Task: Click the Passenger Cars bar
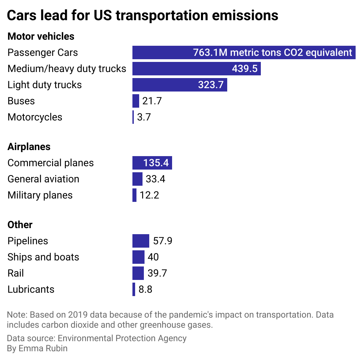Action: pos(244,52)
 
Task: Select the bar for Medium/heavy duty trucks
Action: pos(196,69)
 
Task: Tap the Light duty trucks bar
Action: pos(179,85)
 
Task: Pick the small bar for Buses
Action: pos(136,101)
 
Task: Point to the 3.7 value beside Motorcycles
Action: pos(144,117)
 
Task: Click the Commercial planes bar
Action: pos(152,163)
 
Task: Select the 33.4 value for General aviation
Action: pos(155,179)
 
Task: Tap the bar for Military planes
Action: pos(134,195)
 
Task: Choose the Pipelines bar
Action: pos(140,241)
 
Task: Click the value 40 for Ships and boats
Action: pos(153,257)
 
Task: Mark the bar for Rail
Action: pos(138,273)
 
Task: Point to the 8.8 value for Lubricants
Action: pos(145,289)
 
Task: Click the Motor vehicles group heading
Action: pos(41,36)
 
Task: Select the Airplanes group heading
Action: pos(29,147)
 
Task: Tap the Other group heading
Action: pos(20,225)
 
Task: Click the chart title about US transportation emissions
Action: pos(143,15)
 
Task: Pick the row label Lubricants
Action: pos(31,289)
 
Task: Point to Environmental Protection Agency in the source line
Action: pos(122,338)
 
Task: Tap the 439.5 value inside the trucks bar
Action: pos(245,69)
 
